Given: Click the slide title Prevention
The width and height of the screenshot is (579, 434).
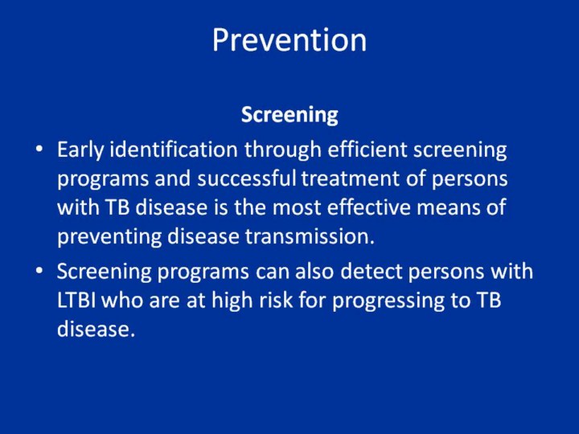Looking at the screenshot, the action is pyautogui.click(x=289, y=39).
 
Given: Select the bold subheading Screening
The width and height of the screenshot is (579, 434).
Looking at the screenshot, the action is pyautogui.click(x=289, y=115).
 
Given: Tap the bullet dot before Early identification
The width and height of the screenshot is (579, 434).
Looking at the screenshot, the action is pyautogui.click(x=39, y=149).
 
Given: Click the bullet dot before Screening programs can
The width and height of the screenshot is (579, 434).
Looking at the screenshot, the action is pyautogui.click(x=39, y=271).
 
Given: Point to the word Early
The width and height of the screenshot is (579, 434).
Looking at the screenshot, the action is pyautogui.click(x=80, y=150).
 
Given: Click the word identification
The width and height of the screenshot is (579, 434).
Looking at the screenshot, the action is pyautogui.click(x=174, y=149).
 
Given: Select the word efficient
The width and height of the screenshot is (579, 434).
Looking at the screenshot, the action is pyautogui.click(x=367, y=149).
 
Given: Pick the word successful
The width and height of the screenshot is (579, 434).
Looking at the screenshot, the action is pyautogui.click(x=247, y=178).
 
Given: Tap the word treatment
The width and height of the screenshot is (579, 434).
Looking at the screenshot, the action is pyautogui.click(x=350, y=179).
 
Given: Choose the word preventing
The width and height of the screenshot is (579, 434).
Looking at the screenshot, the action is pyautogui.click(x=109, y=237).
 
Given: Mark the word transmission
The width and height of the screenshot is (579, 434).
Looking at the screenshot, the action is pyautogui.click(x=310, y=236).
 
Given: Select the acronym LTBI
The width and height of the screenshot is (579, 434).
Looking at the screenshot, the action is pyautogui.click(x=76, y=301).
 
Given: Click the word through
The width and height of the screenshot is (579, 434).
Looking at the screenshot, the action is pyautogui.click(x=282, y=150).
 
